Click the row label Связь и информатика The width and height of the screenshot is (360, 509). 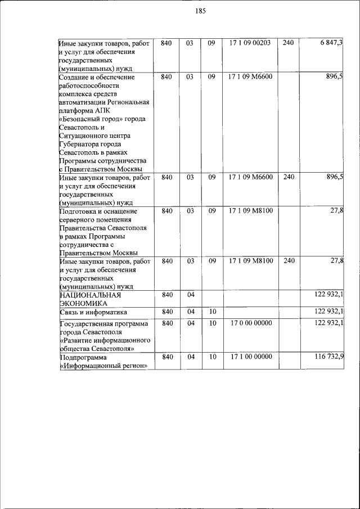(x=93, y=312)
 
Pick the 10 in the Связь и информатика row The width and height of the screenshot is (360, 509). (x=212, y=312)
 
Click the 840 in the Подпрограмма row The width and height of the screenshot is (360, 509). (x=166, y=357)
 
